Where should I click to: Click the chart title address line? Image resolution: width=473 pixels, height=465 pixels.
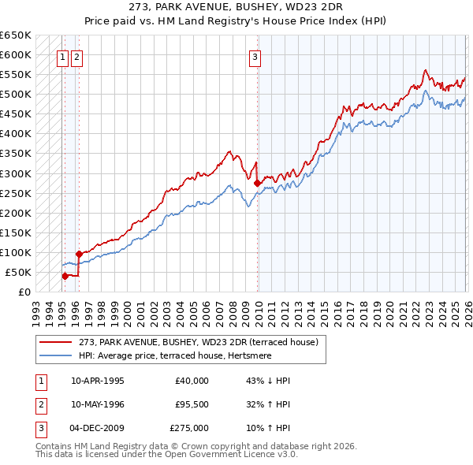(x=236, y=6)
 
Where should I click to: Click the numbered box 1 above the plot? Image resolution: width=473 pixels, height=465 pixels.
(x=62, y=56)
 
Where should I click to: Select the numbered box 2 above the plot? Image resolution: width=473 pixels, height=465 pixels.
(x=76, y=56)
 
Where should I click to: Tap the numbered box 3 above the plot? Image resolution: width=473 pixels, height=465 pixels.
(x=255, y=56)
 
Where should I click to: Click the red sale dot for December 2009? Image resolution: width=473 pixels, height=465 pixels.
(x=258, y=183)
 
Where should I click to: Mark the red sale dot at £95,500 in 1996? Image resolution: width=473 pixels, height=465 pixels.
(x=79, y=254)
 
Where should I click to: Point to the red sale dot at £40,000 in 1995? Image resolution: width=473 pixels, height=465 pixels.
(x=65, y=276)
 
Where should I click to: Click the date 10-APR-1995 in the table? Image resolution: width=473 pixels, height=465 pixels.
(x=97, y=380)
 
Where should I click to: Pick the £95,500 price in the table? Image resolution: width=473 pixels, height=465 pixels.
(x=192, y=404)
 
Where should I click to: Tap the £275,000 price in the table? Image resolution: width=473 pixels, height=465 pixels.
(x=189, y=429)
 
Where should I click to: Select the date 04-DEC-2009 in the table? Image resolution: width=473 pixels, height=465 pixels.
(x=97, y=429)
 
